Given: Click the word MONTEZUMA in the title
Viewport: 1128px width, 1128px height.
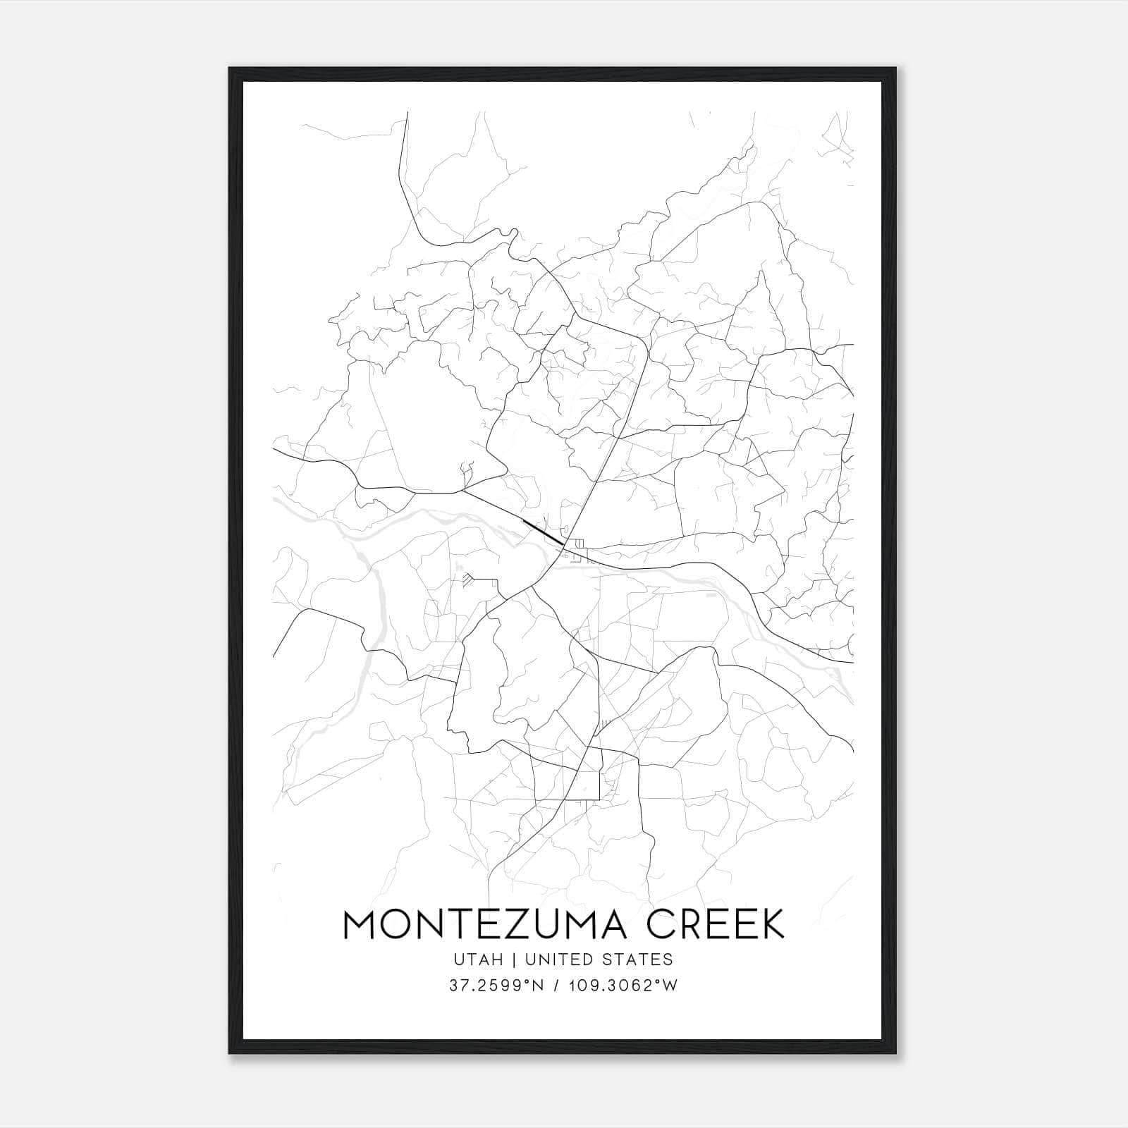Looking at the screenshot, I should (x=485, y=924).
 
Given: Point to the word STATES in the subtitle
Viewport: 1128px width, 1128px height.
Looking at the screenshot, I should (x=640, y=960).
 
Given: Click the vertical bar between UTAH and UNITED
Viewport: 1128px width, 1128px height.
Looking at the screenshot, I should (x=515, y=960).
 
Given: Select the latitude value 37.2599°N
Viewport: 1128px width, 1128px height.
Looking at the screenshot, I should (x=495, y=986).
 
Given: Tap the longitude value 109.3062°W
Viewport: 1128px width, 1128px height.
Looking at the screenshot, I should (x=623, y=986).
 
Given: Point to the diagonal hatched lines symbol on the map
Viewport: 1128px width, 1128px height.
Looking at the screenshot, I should (x=469, y=580).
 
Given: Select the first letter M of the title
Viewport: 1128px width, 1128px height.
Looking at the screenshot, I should (x=360, y=924).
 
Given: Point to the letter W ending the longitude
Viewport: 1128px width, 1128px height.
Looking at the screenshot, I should (x=670, y=986).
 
